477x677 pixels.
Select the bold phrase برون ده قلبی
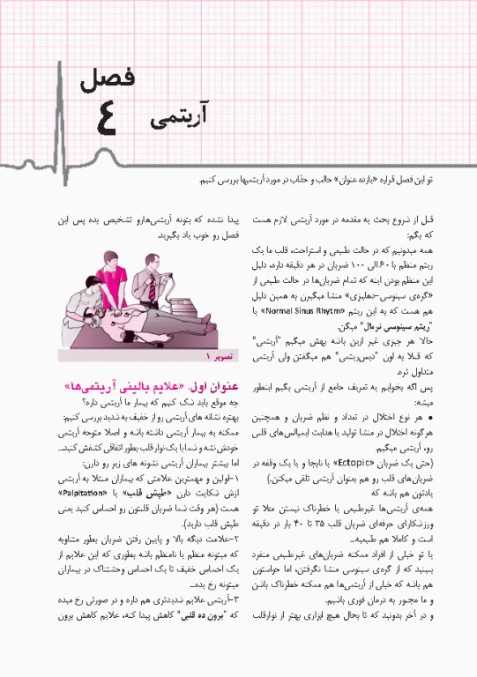[x=183, y=661]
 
